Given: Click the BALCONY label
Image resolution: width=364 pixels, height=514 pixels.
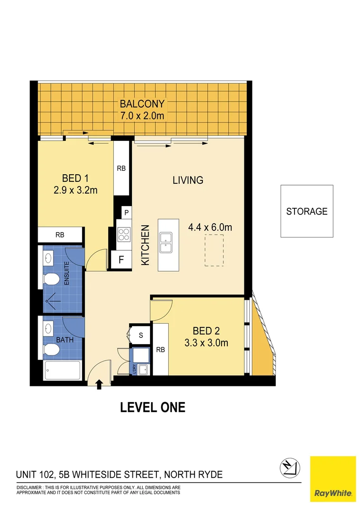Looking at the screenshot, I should tap(142, 104).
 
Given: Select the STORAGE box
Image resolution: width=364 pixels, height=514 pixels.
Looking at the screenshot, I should tap(306, 211).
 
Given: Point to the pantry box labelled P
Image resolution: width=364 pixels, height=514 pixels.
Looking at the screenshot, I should tap(126, 213).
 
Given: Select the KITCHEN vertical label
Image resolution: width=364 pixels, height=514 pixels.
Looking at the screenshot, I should tap(145, 245).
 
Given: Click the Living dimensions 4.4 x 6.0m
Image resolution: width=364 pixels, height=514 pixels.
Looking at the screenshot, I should tap(210, 227).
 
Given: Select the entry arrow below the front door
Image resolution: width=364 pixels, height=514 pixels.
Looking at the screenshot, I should tap(99, 384).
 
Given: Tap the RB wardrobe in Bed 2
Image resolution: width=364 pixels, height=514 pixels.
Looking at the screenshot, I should tap(161, 350).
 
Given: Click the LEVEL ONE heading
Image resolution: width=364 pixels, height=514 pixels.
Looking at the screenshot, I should tap(152, 407).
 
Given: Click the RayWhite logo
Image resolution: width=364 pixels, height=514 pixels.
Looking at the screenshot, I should tap(333, 479).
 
